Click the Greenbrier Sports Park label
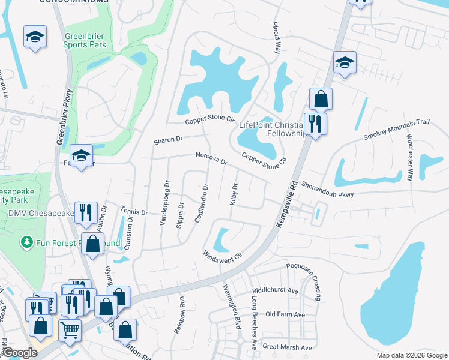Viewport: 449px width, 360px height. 85,40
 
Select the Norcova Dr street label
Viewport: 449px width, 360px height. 211,158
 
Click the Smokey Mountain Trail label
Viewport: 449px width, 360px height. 397,130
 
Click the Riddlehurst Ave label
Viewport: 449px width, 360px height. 276,290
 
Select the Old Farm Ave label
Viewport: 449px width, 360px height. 285,314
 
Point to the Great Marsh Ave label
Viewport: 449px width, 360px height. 288,347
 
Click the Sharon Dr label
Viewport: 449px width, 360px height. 167,140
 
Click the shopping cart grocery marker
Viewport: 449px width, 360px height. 71,329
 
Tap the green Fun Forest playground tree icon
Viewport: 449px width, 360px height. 26,242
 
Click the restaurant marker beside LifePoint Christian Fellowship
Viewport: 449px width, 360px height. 314,124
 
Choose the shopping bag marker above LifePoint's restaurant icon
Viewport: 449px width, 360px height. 321,99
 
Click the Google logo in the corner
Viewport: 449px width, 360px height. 19,353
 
